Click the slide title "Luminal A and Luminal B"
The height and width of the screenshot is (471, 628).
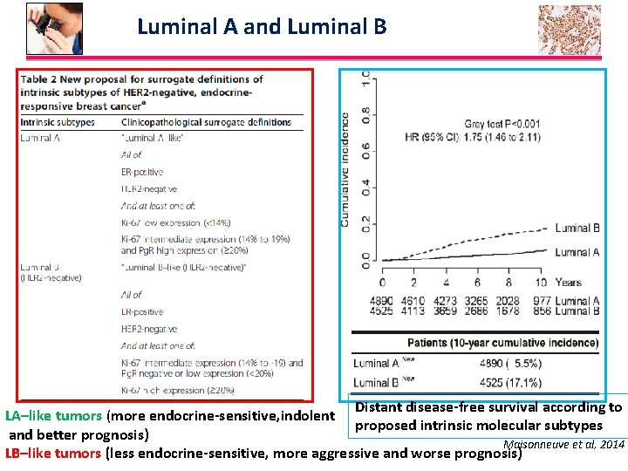point(262,27)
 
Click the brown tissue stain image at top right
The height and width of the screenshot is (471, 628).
point(570,30)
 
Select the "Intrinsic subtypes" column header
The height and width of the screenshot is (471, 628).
point(58,122)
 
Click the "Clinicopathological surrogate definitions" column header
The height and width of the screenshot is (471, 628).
point(206,122)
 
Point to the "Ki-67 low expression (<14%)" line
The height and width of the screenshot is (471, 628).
point(175,222)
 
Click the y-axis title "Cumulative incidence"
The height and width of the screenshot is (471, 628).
point(345,169)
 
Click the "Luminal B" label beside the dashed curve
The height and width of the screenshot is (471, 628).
point(577,229)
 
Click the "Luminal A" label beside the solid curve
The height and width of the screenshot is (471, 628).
point(577,253)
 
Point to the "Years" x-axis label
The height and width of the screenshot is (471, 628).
point(568,283)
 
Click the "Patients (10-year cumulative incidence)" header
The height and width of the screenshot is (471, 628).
point(502,343)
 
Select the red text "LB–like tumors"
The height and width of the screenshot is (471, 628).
point(53,453)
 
